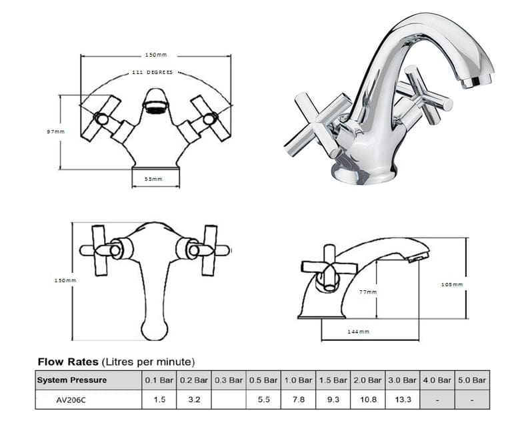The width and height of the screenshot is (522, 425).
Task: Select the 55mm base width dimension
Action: click(x=154, y=179)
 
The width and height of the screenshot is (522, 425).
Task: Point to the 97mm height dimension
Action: click(x=55, y=131)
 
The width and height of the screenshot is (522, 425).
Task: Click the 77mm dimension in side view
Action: click(x=367, y=292)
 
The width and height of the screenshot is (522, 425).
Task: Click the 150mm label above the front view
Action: click(x=155, y=55)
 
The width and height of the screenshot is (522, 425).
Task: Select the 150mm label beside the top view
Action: click(x=65, y=281)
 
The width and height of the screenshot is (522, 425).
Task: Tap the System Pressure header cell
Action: click(x=71, y=380)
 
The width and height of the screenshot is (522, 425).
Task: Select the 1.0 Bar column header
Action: click(x=297, y=380)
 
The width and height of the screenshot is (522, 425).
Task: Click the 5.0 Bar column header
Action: click(x=472, y=380)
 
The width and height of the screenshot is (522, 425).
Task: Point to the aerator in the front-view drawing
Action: click(x=155, y=106)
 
